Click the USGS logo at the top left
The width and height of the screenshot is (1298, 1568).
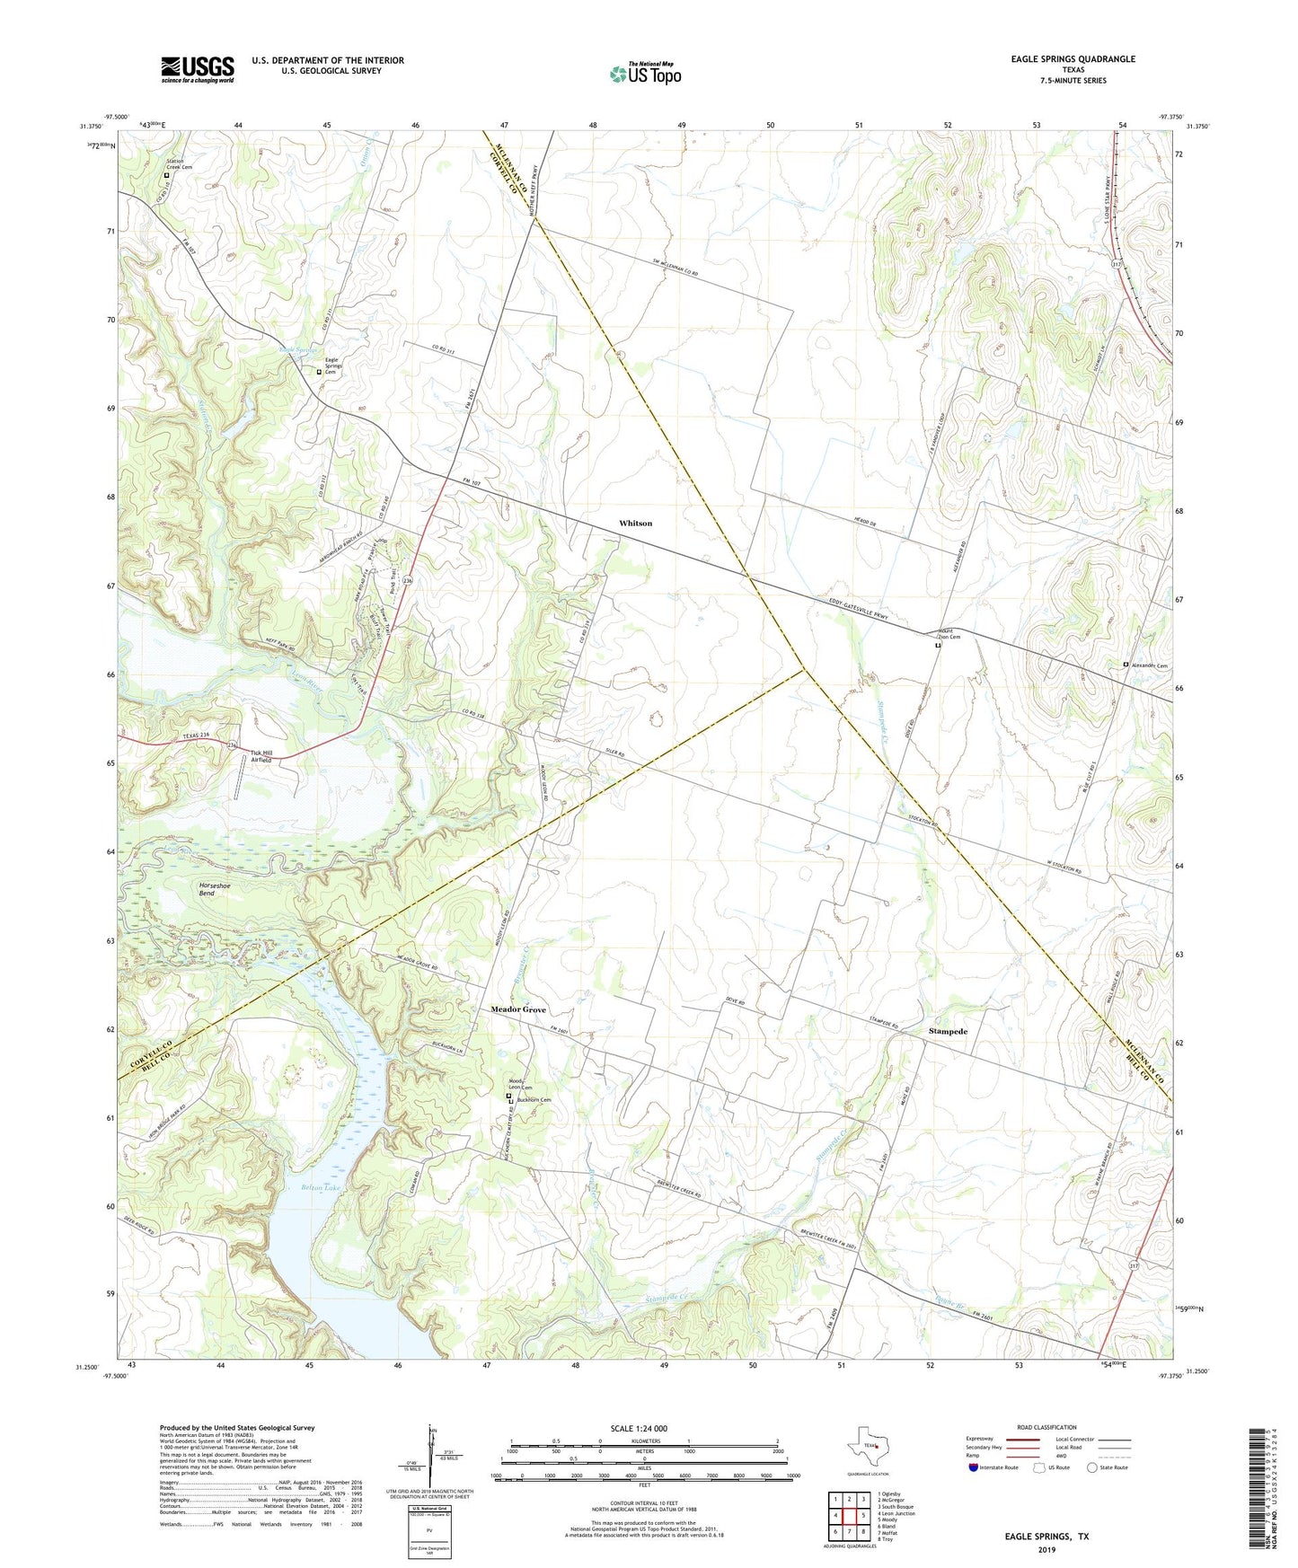tap(198, 69)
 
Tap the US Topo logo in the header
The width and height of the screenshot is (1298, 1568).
tap(644, 74)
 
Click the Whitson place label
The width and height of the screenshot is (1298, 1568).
tap(635, 523)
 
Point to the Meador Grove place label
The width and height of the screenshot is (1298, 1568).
tap(517, 1009)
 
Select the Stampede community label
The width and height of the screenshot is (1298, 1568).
tap(947, 1032)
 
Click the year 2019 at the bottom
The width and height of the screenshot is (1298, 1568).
tap(1046, 1549)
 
